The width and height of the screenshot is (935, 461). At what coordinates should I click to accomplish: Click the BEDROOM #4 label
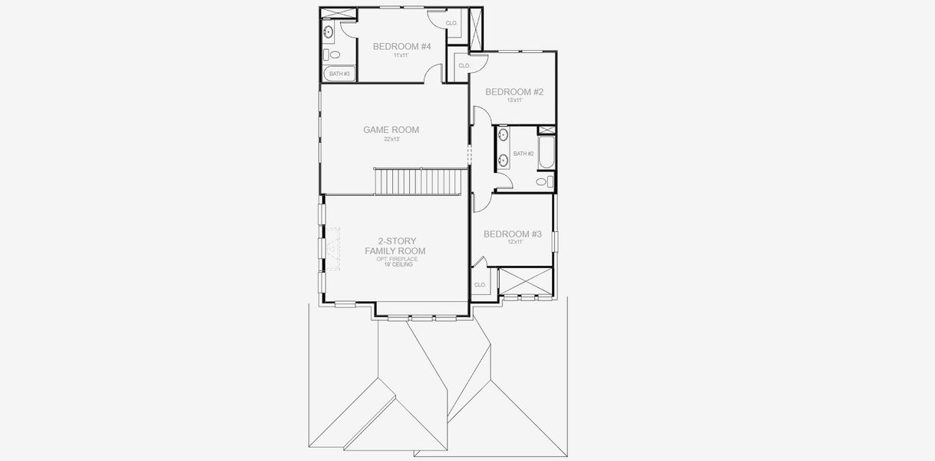tap(401, 47)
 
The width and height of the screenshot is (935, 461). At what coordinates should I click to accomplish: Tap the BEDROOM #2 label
tap(514, 92)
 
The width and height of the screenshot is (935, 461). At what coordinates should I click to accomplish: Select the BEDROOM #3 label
tap(513, 234)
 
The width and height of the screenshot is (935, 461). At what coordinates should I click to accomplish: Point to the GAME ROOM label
tap(392, 130)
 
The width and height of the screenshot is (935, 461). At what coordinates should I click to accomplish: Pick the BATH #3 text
tap(340, 75)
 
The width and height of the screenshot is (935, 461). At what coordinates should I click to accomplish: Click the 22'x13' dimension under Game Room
tap(392, 140)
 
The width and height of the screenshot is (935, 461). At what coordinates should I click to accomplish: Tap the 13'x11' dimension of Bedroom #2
tap(514, 101)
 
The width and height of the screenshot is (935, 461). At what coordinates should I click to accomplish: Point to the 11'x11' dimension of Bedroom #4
tap(401, 55)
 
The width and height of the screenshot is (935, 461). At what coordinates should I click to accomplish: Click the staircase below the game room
tap(421, 182)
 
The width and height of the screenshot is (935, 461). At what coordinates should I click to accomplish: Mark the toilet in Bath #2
tap(542, 182)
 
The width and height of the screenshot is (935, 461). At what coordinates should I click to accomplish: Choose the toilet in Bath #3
tap(327, 55)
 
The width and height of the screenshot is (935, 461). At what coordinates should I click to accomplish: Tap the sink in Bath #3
tap(328, 32)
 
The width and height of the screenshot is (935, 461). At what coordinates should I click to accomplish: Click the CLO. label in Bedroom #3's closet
tap(481, 285)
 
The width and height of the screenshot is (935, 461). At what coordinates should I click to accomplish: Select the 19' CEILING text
tap(395, 265)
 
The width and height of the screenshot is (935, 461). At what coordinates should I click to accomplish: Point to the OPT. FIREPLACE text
tap(397, 260)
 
